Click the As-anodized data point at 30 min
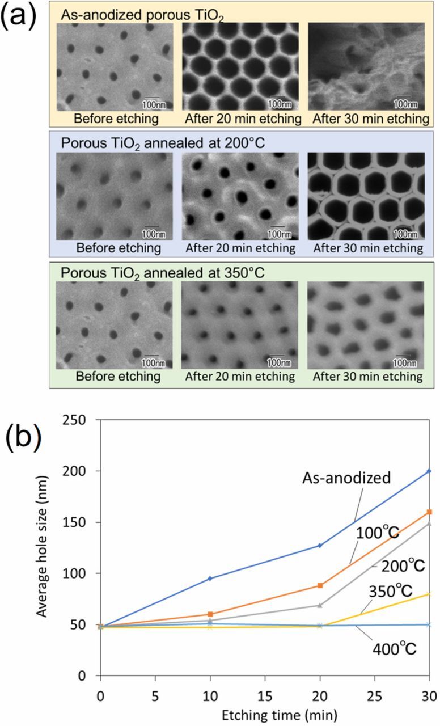pyautogui.click(x=429, y=471)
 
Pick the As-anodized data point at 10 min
pyautogui.click(x=210, y=578)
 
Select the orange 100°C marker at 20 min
pyautogui.click(x=320, y=585)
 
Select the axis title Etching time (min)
pyautogui.click(x=264, y=711)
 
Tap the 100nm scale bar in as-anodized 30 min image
pyautogui.click(x=404, y=103)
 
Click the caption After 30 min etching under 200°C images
pyautogui.click(x=368, y=248)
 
